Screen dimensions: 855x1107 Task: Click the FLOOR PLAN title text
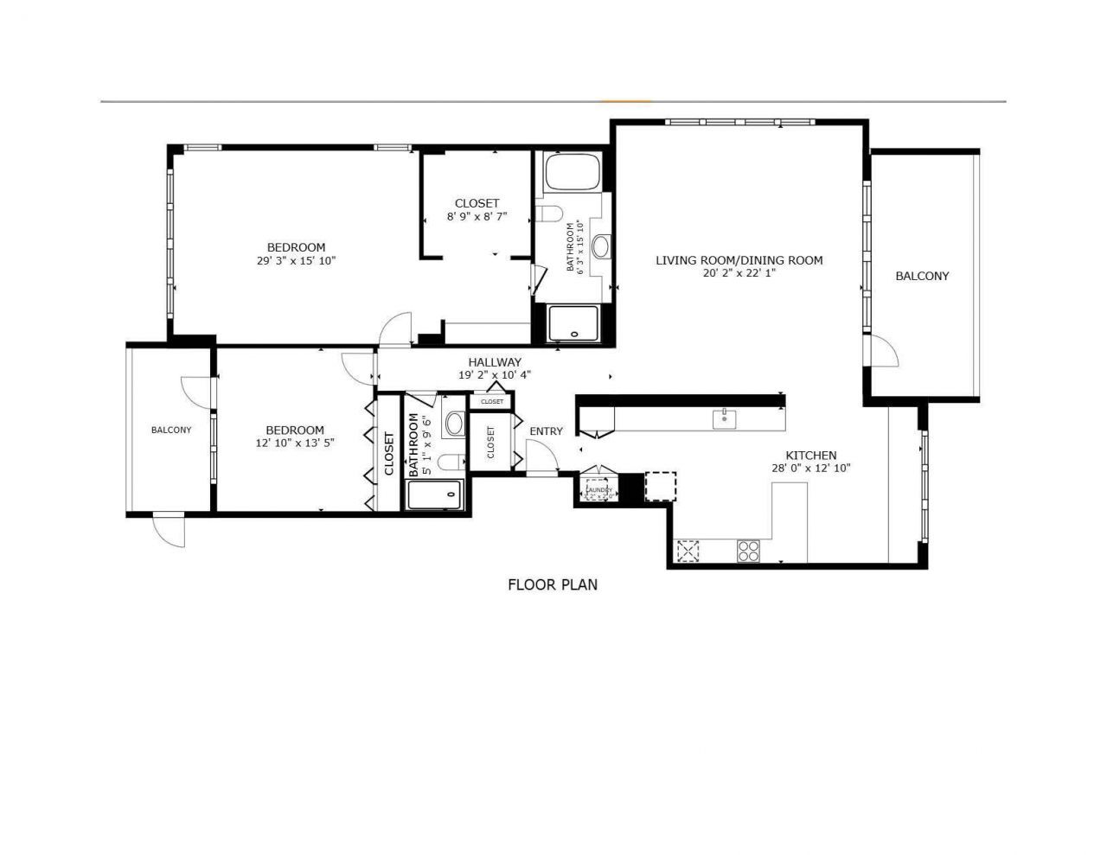552,584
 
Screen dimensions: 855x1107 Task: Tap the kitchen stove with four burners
748,551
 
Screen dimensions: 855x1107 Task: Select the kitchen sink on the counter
724,419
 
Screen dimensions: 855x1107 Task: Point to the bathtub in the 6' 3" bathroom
572,173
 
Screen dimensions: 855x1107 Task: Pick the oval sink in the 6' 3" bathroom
601,246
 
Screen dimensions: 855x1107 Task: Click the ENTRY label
546,431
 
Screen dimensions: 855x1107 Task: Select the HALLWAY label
495,362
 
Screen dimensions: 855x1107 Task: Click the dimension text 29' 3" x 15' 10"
296,260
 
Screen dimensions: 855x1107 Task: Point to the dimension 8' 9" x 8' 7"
477,217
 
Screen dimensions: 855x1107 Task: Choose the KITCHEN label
810,456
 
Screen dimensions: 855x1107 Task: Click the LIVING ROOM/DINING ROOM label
739,260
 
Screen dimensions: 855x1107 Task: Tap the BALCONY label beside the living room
922,276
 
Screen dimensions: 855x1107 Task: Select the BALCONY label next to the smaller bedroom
171,430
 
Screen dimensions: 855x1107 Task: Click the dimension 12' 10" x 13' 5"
295,443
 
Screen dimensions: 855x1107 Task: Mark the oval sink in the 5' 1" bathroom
454,423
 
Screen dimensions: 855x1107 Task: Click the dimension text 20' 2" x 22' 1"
739,274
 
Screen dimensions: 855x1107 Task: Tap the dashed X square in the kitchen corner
688,551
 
